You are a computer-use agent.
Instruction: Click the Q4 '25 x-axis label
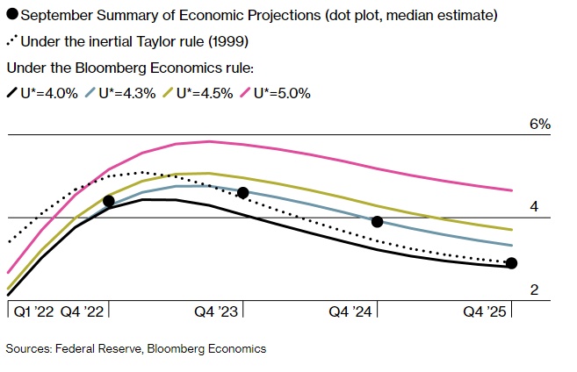pyautogui.click(x=486, y=311)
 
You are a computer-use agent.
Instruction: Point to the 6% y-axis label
pyautogui.click(x=539, y=125)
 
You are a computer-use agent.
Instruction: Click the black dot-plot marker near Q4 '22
pyautogui.click(x=109, y=201)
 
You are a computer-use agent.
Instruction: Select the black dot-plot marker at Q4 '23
pyautogui.click(x=243, y=192)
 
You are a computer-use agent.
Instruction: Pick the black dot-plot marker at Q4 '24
pyautogui.click(x=378, y=222)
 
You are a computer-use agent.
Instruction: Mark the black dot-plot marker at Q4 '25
pyautogui.click(x=512, y=263)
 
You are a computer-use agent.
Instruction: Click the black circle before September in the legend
pyautogui.click(x=11, y=15)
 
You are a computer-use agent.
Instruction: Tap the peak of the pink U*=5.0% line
pyautogui.click(x=208, y=141)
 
